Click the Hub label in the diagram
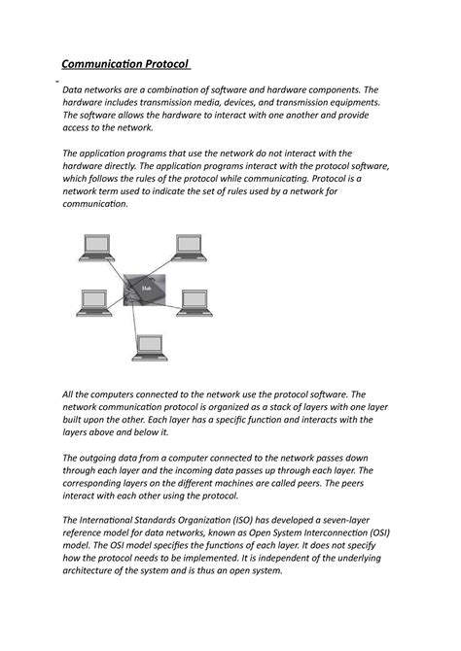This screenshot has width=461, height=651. [147, 289]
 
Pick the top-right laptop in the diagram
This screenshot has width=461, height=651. [188, 247]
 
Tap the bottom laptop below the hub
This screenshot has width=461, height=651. [150, 346]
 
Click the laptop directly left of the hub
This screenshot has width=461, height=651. [94, 301]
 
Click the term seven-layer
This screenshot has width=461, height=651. [381, 520]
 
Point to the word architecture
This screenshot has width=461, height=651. [94, 570]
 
